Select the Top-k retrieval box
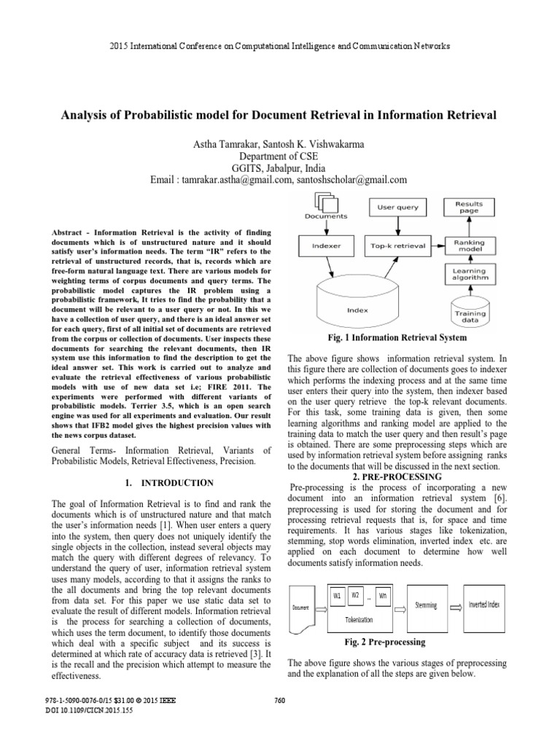(x=398, y=246)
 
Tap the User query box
(x=398, y=207)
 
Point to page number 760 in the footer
(x=279, y=701)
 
